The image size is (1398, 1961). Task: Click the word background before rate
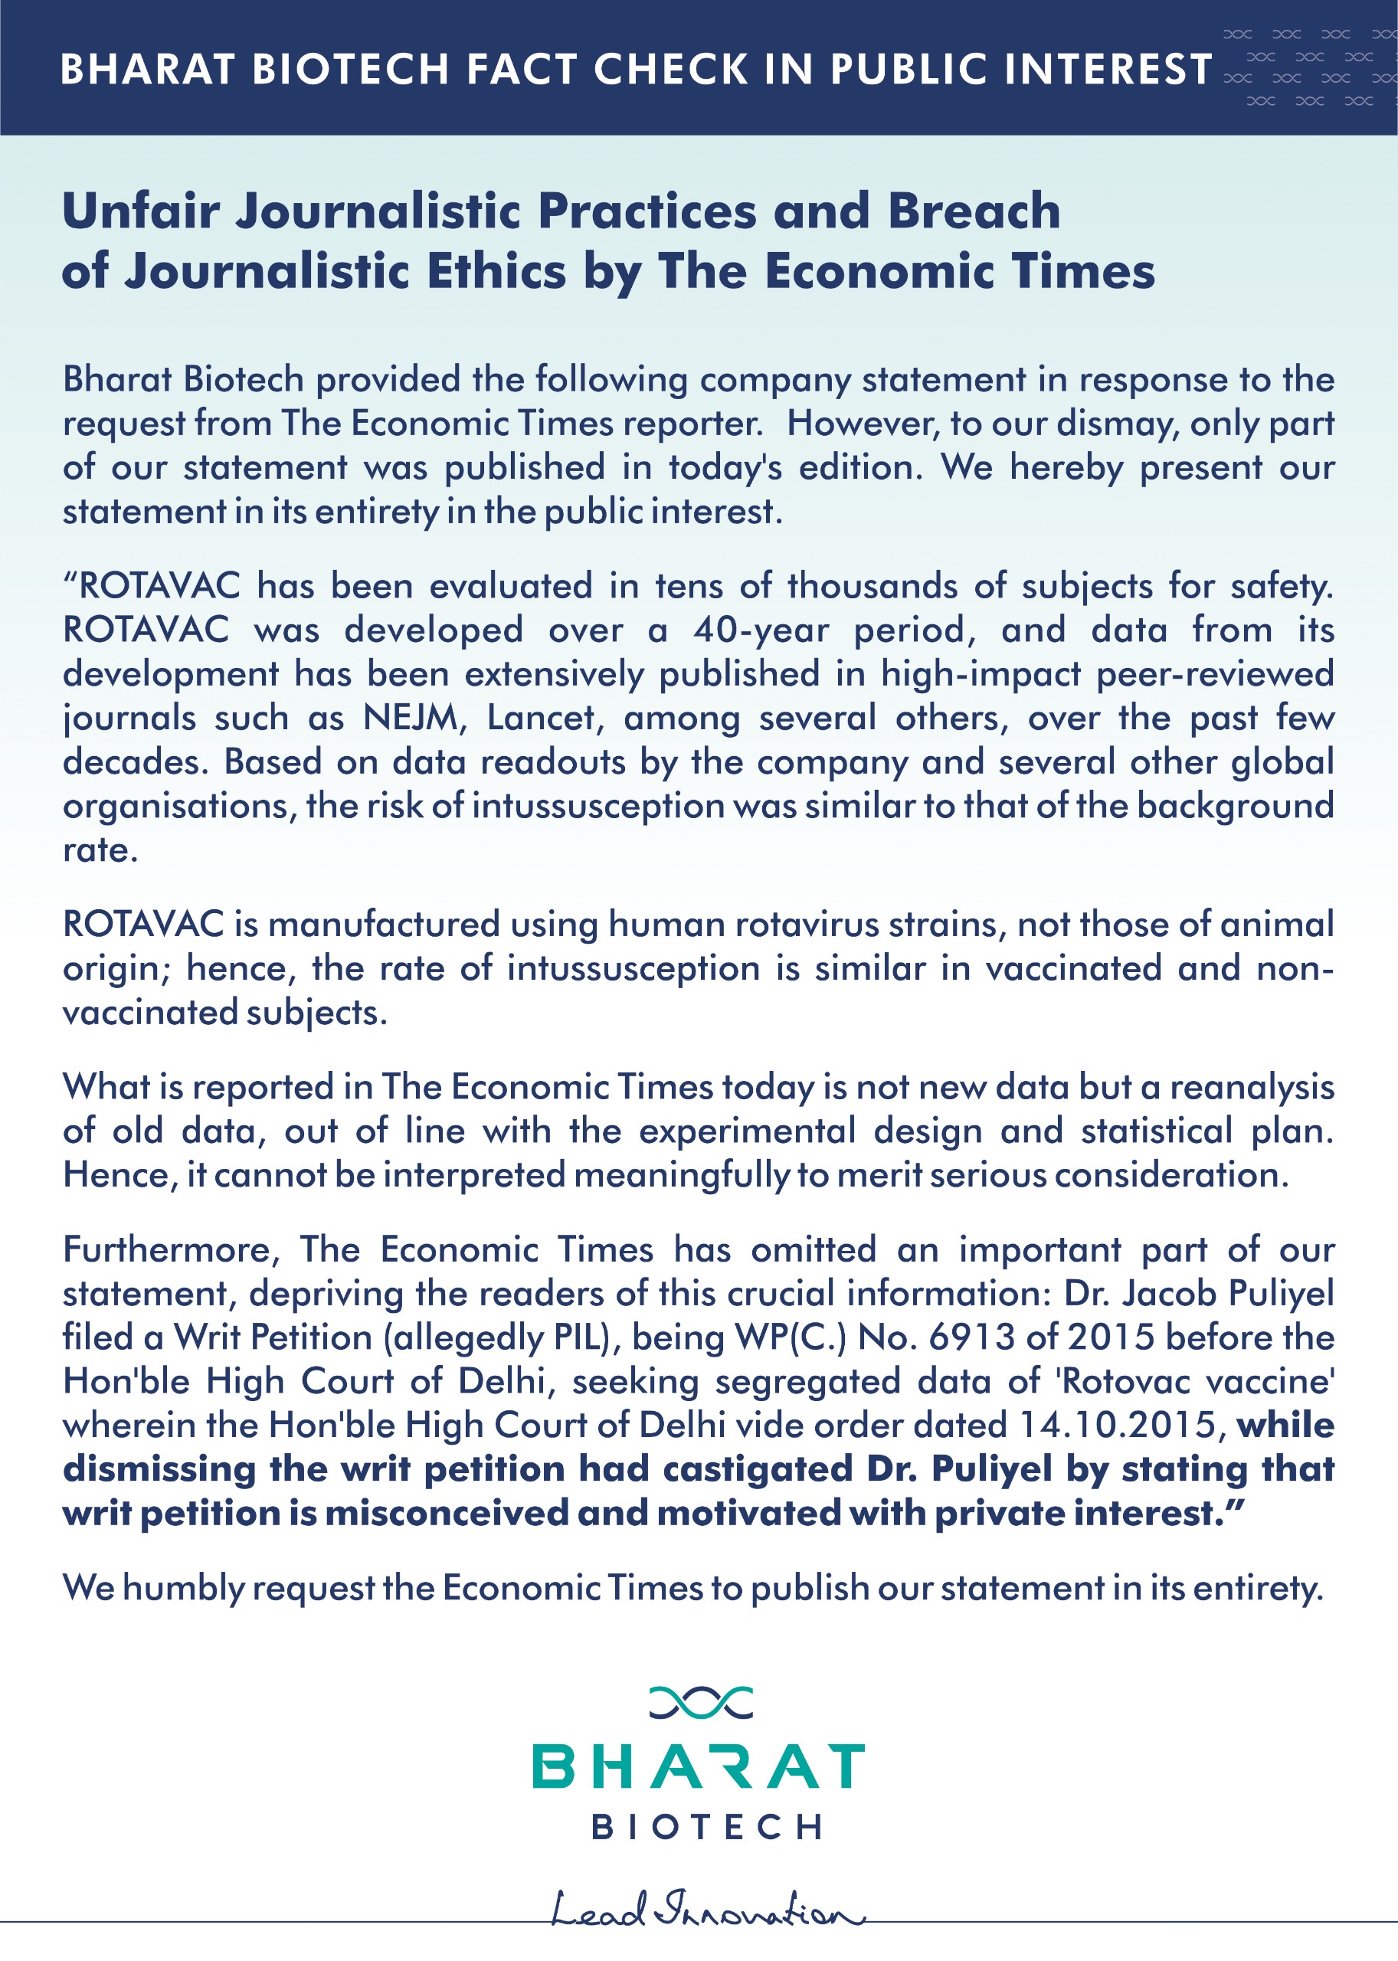click(x=1236, y=806)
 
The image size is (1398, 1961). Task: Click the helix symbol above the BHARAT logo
click(x=700, y=1703)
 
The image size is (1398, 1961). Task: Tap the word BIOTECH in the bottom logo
click(x=706, y=1827)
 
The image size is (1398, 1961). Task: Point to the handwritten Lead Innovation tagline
click(x=706, y=1911)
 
